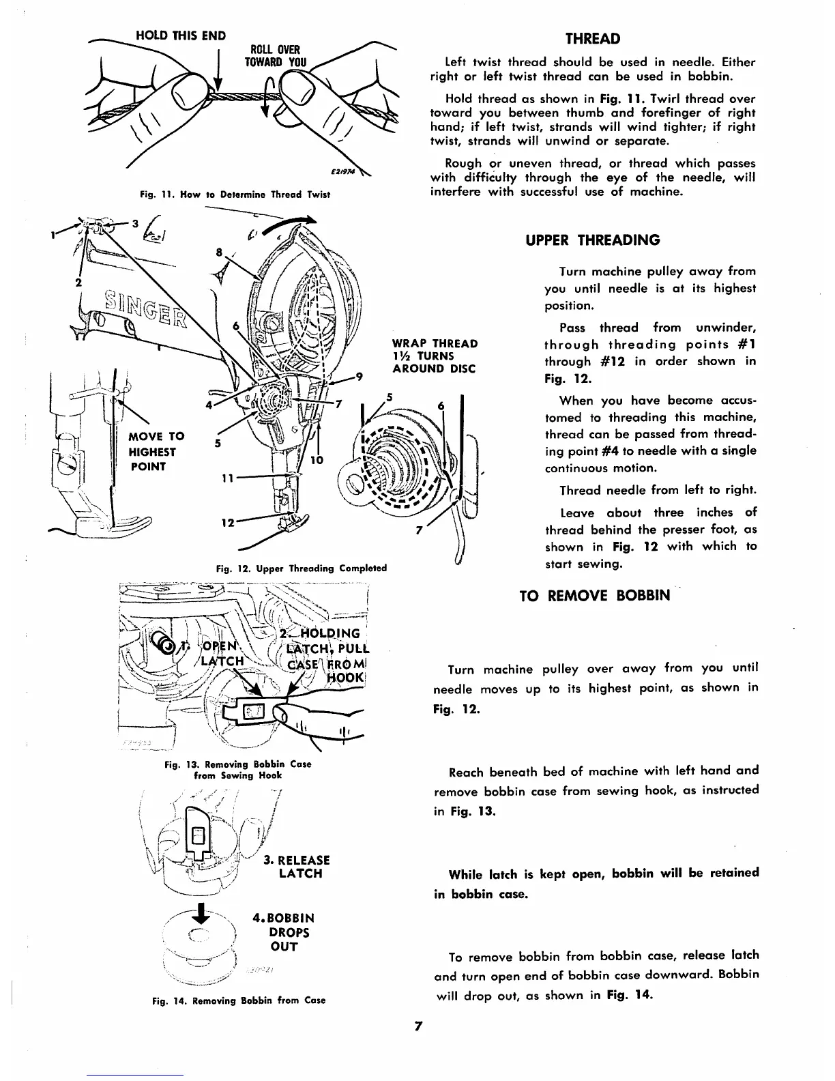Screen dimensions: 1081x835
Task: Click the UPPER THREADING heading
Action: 593,240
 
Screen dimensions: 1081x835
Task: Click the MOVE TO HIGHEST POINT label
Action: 153,452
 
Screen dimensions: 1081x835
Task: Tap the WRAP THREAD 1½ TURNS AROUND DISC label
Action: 435,356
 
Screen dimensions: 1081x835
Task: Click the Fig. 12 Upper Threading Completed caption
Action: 301,568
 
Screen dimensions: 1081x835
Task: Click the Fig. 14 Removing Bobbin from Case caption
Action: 238,1000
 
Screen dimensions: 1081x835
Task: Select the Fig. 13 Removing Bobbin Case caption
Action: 238,770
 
